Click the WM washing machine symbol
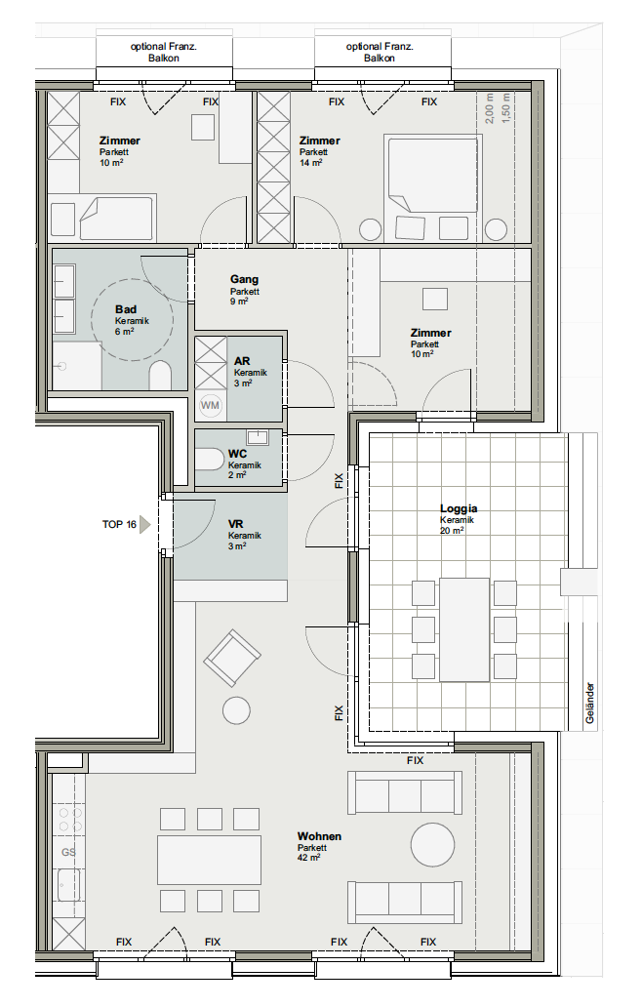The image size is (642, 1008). point(210,405)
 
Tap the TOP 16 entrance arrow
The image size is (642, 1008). point(144,525)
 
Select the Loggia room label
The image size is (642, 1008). point(459,508)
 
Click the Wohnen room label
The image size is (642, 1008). point(319,836)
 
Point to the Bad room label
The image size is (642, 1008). point(126,309)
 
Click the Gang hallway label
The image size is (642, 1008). point(244,279)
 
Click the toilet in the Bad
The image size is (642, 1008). point(161,375)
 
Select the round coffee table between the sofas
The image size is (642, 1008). point(432,845)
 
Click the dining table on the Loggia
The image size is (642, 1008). point(464,629)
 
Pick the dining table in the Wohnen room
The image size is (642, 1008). point(210,860)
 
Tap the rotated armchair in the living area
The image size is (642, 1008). point(232,659)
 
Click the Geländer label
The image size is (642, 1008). point(590,704)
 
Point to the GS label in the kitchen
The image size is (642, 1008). point(68,852)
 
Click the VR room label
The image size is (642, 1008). point(235,524)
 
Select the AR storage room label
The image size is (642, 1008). point(242,361)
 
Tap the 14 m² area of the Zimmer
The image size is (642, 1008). point(311,163)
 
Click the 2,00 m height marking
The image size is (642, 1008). point(489,108)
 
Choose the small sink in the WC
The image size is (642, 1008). point(258,437)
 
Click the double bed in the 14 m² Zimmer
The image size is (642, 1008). point(433,173)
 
